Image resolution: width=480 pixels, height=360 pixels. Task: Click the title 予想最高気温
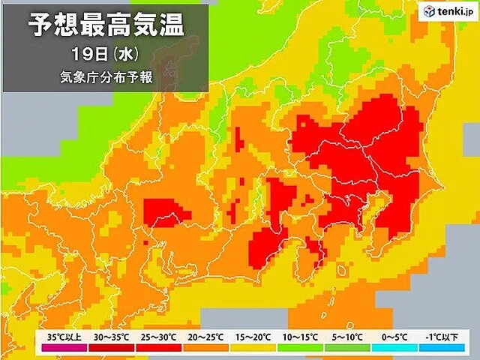pyautogui.click(x=105, y=26)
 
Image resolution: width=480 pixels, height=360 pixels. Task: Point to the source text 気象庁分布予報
pyautogui.click(x=105, y=77)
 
